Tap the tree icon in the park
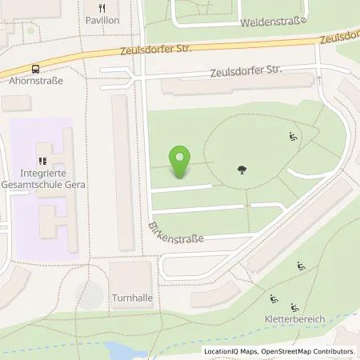point(242,169)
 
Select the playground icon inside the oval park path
point(293,138)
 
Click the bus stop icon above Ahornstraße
point(35,70)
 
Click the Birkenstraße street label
point(175,231)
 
